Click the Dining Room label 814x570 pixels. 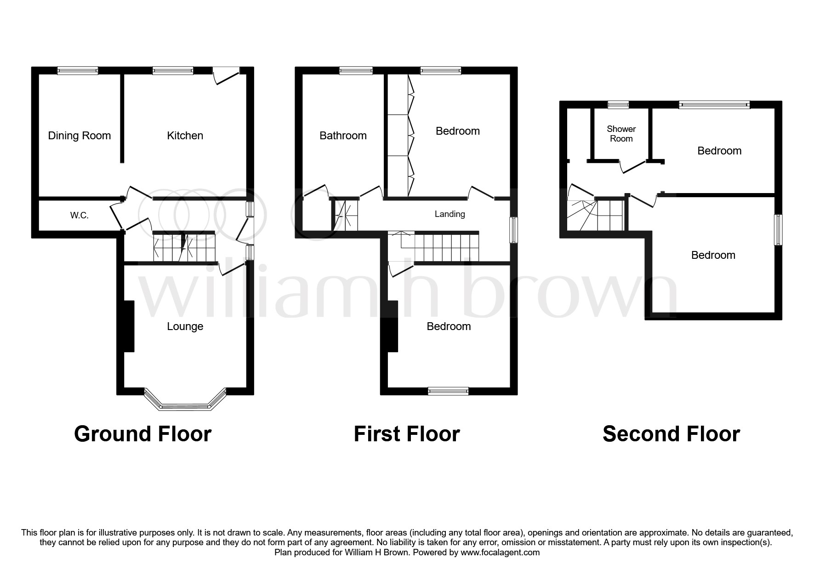click(x=80, y=136)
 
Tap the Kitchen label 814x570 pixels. click(x=185, y=136)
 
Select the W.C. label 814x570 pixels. click(x=80, y=215)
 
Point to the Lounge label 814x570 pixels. click(x=185, y=326)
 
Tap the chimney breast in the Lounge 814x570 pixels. click(x=129, y=326)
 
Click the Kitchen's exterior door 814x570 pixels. click(x=226, y=75)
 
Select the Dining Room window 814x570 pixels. click(x=78, y=70)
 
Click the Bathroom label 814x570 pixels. click(x=343, y=136)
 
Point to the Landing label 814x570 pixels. click(x=450, y=214)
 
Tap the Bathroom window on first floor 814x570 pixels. click(x=356, y=70)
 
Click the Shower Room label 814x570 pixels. click(x=621, y=134)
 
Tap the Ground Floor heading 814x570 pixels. click(x=142, y=434)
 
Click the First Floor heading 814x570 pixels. click(x=407, y=434)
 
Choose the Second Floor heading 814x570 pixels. click(x=671, y=434)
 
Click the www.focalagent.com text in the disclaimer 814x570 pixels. click(x=500, y=553)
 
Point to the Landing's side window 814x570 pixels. click(x=514, y=230)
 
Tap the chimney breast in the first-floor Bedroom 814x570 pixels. click(x=392, y=326)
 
